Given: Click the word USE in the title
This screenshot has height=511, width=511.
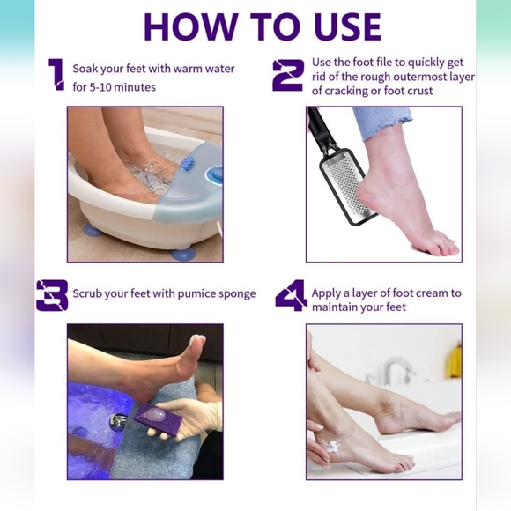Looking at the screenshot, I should click(339, 26).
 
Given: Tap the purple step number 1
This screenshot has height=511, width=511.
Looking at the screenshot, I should click(56, 75).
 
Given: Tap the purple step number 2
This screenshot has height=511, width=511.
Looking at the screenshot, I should click(287, 75).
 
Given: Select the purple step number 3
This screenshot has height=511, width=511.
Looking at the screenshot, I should click(52, 295).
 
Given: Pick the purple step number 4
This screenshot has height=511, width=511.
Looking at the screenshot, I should click(290, 295).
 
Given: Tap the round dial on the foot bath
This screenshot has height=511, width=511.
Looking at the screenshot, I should click(214, 175).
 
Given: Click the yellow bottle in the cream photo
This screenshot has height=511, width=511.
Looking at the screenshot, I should click(455, 360).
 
